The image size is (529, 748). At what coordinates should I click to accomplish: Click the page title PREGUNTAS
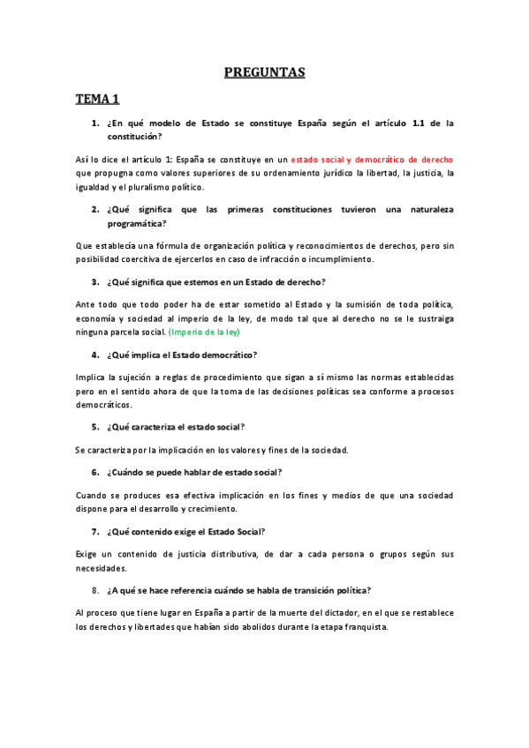pyautogui.click(x=264, y=72)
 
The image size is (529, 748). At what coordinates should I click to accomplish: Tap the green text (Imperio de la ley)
pyautogui.click(x=205, y=333)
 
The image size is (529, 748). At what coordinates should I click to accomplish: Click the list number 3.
pyautogui.click(x=94, y=282)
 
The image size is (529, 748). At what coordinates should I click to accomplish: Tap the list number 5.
pyautogui.click(x=94, y=428)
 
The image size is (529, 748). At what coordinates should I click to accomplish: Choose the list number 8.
pyautogui.click(x=94, y=589)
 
